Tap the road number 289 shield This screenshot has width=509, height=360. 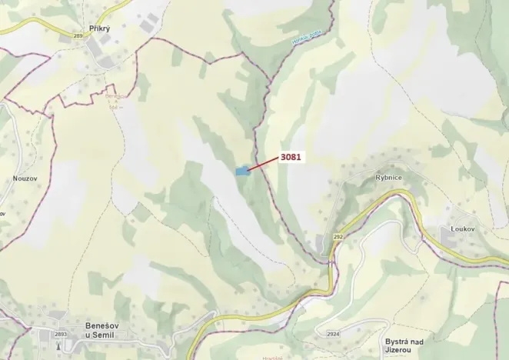(78, 35)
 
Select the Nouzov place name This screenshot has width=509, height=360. (25, 178)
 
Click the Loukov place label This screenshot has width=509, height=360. (464, 229)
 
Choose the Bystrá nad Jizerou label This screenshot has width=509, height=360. (405, 344)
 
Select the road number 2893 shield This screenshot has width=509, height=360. (61, 334)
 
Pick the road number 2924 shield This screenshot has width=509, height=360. (332, 334)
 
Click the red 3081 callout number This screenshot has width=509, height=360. (291, 157)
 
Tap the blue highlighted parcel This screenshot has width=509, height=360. (242, 172)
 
